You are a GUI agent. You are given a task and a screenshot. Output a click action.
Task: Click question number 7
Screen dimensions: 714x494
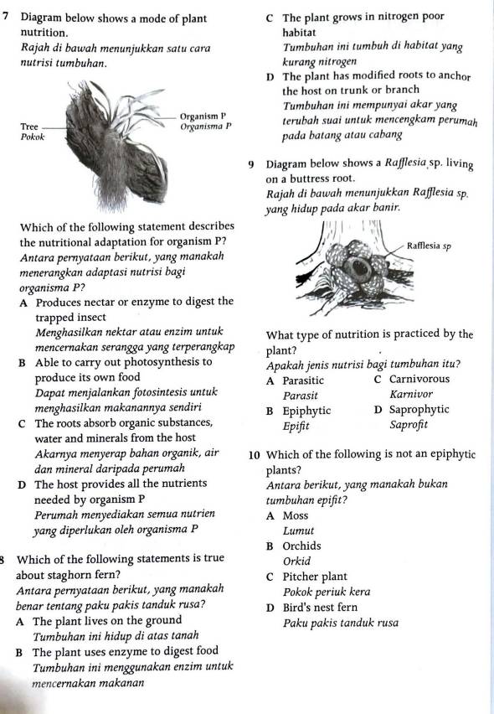[x=8, y=17]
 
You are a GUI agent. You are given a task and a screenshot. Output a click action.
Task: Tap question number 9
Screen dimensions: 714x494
[x=252, y=164]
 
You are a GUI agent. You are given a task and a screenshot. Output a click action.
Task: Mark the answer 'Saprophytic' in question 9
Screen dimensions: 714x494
[x=414, y=410]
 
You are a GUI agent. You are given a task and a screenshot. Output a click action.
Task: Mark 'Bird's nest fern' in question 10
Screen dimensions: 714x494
[x=322, y=608]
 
